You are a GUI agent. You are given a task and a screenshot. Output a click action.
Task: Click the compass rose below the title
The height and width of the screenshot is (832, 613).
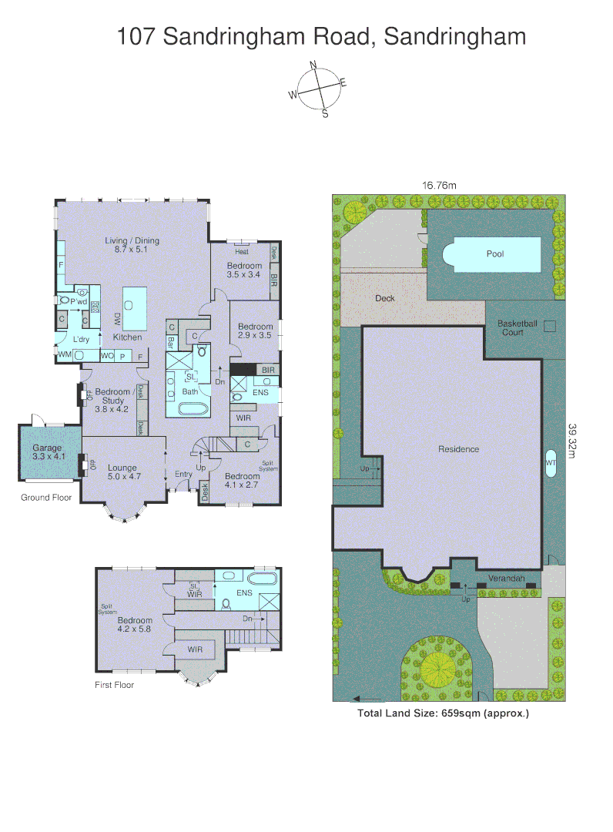click(317, 89)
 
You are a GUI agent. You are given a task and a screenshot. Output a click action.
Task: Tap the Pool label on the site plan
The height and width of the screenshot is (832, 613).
click(495, 253)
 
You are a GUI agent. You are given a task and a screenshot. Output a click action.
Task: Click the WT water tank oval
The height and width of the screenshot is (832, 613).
click(551, 463)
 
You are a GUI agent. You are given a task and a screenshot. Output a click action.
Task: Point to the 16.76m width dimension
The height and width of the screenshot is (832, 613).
click(439, 185)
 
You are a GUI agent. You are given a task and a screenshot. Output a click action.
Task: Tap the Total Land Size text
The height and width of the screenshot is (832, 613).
click(443, 713)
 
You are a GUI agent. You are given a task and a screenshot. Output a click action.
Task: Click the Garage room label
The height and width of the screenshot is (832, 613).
click(46, 452)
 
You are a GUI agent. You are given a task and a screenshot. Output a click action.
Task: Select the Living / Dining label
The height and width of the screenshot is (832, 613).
click(132, 245)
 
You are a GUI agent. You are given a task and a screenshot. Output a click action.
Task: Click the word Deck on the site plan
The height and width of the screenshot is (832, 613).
click(385, 298)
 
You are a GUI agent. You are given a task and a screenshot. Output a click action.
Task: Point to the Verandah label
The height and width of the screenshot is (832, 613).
click(506, 578)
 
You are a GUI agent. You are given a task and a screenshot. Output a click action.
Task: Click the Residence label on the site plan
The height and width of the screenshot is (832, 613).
click(458, 449)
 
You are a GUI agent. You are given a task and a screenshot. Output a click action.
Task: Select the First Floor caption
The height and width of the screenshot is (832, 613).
click(114, 685)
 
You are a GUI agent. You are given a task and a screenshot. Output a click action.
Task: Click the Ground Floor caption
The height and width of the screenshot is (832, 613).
click(46, 498)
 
